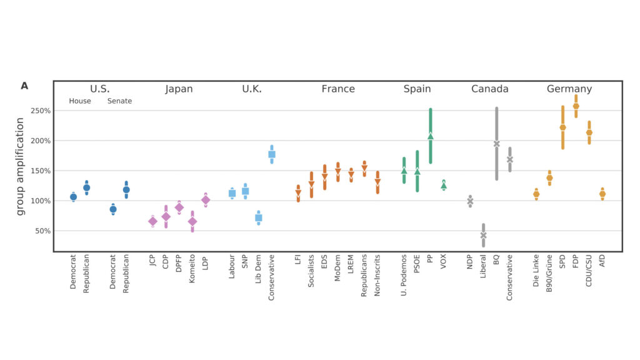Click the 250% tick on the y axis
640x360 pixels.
pyautogui.click(x=41, y=111)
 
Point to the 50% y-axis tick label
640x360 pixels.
pyautogui.click(x=43, y=231)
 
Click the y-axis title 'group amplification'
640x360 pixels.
pyautogui.click(x=20, y=166)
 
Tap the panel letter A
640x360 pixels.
pyautogui.click(x=24, y=86)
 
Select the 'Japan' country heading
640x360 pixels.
pyautogui.click(x=179, y=89)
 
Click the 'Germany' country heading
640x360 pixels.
pyautogui.click(x=569, y=89)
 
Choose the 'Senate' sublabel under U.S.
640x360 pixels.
pyautogui.click(x=119, y=101)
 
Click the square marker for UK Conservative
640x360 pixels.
pyautogui.click(x=272, y=154)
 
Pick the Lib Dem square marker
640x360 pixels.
pyautogui.click(x=258, y=218)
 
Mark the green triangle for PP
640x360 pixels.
pyautogui.click(x=431, y=136)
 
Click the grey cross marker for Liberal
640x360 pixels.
pyautogui.click(x=483, y=236)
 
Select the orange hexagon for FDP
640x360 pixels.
pyautogui.click(x=576, y=106)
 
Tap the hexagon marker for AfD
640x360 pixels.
pyautogui.click(x=602, y=194)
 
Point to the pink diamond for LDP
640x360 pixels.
pyautogui.click(x=206, y=200)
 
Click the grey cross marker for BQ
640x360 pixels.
pyautogui.click(x=497, y=144)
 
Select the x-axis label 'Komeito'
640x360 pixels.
pyautogui.click(x=192, y=269)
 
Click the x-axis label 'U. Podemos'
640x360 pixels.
pyautogui.click(x=404, y=275)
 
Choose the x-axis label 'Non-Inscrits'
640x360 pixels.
pyautogui.click(x=377, y=275)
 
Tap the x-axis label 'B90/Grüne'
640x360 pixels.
pyautogui.click(x=549, y=273)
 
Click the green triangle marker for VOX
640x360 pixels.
pyautogui.click(x=444, y=186)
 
